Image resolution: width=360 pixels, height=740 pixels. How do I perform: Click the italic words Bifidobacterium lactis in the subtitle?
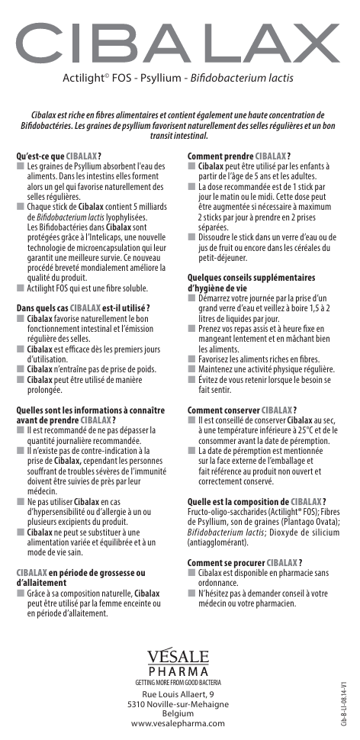pyautogui.click(x=252, y=79)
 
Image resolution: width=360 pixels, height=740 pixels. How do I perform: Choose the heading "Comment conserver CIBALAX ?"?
pyautogui.click(x=242, y=410)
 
